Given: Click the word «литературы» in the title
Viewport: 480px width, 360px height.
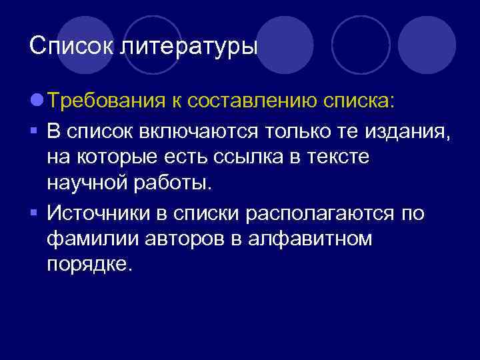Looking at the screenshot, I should click(189, 47).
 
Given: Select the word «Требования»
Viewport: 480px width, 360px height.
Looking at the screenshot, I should click(105, 101).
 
